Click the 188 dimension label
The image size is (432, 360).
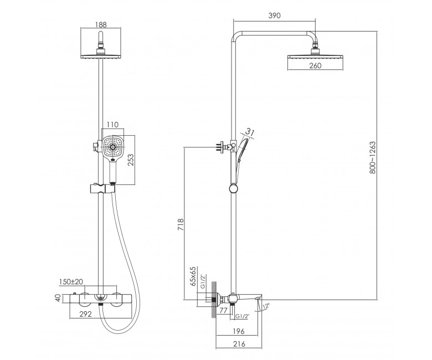tap(101, 24)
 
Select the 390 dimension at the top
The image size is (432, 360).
tap(274, 16)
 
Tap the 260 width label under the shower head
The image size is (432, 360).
tap(315, 65)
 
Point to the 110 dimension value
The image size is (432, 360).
tap(112, 125)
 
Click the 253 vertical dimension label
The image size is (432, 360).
tap(131, 160)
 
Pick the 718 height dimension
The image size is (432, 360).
tap(180, 224)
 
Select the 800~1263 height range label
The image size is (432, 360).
tap(372, 157)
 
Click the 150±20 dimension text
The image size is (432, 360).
tap(71, 281)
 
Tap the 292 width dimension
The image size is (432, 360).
tap(85, 313)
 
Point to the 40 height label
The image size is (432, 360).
tap(58, 298)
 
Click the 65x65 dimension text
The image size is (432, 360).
tap(193, 276)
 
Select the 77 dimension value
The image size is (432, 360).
tap(223, 310)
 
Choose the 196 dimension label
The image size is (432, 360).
tap(238, 331)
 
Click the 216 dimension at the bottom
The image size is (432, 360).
tap(239, 344)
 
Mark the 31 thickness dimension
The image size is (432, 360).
tap(249, 132)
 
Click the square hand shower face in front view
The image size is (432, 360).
tap(113, 147)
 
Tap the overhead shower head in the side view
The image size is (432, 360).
tap(315, 56)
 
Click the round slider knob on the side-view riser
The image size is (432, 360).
tap(233, 189)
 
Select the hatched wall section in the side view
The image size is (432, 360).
tap(214, 300)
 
